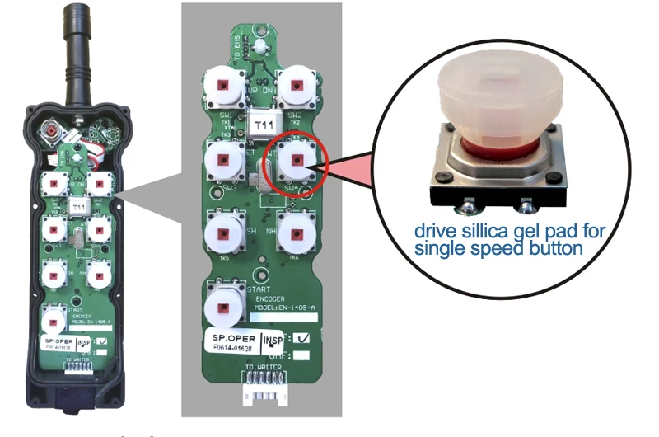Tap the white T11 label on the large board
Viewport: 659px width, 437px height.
(x=264, y=124)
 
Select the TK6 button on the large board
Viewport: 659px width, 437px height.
(x=296, y=233)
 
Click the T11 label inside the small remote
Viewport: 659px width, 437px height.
(x=77, y=204)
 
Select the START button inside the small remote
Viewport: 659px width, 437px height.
(x=54, y=316)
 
